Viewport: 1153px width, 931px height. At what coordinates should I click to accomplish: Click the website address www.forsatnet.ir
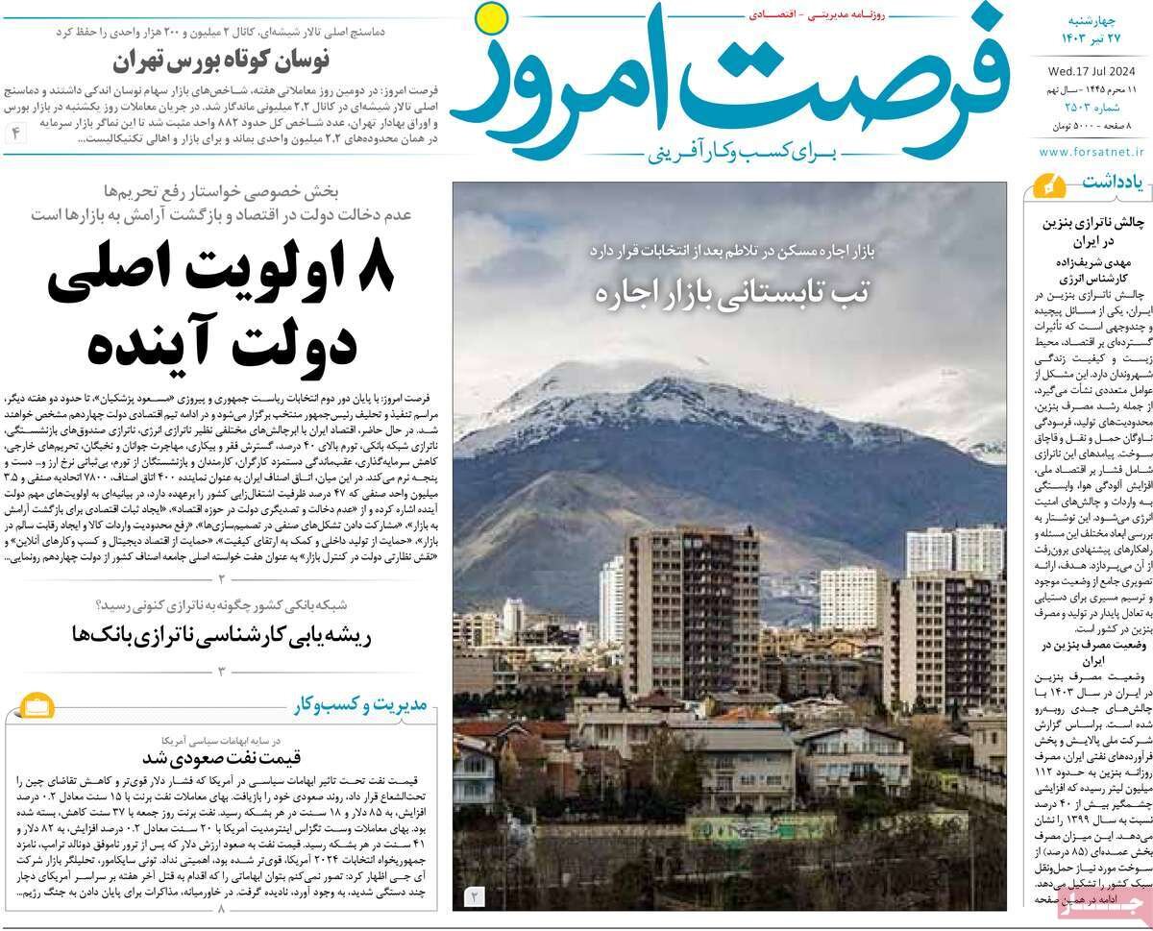pos(1092,151)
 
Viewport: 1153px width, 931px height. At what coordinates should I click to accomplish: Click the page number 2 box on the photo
pos(475,896)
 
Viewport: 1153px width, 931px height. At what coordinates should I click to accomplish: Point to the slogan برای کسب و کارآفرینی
pos(729,151)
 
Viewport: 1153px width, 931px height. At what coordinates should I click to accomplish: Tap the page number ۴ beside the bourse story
pos(16,133)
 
